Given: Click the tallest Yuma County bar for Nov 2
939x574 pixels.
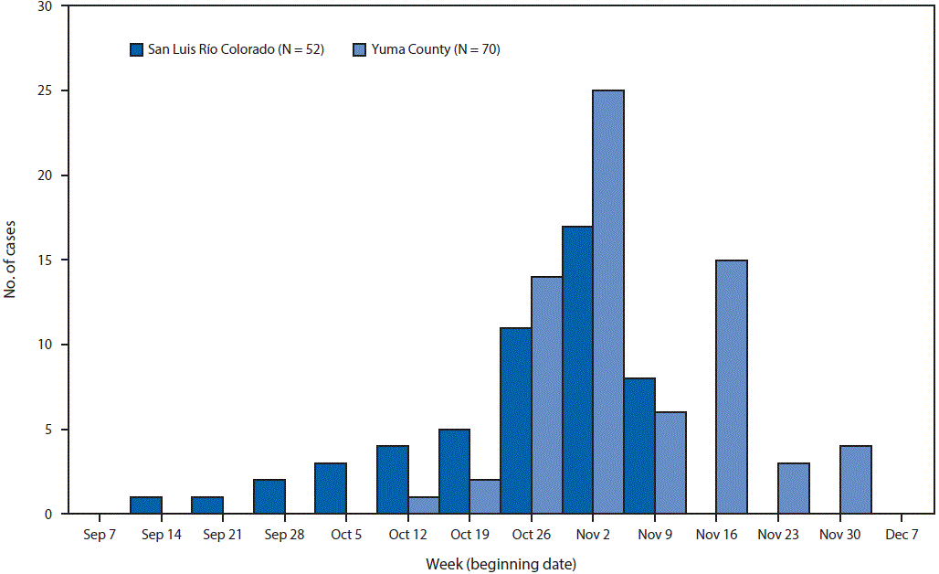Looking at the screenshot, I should (x=608, y=302).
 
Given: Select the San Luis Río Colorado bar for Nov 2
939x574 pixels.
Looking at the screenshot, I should (x=577, y=370).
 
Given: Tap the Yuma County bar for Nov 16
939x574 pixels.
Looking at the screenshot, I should (x=732, y=387).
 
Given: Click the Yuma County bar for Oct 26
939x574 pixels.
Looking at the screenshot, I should (x=546, y=395).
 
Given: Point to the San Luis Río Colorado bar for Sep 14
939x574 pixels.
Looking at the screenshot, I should (x=145, y=505).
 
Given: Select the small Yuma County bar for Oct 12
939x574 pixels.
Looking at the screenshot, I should (x=423, y=505).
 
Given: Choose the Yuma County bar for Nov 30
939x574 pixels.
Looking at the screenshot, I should (x=855, y=480).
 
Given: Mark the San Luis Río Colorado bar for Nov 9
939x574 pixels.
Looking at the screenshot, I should (x=639, y=446).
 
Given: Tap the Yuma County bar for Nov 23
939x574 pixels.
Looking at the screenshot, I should (x=793, y=488).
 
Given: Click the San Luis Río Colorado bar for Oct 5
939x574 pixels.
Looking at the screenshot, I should (x=331, y=488).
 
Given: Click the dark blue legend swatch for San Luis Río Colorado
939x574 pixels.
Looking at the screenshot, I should (x=137, y=49).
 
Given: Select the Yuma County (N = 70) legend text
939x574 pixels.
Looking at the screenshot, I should (x=435, y=49).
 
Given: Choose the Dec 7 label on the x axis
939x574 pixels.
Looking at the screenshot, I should (x=901, y=536).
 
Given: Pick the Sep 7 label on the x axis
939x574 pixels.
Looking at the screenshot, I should (x=100, y=536).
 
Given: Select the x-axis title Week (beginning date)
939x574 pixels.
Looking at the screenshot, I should (x=501, y=563).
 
